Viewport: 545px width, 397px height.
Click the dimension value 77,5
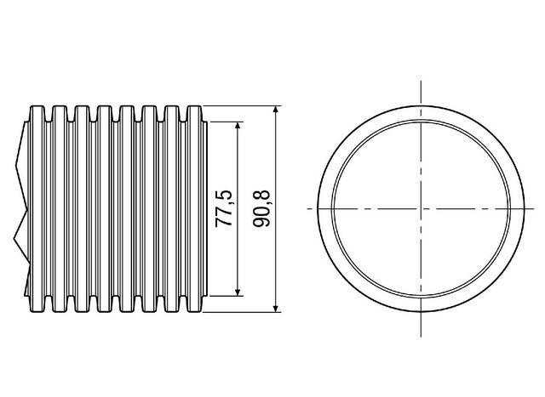pos(224,208)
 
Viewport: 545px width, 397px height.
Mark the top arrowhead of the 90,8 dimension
pos(275,110)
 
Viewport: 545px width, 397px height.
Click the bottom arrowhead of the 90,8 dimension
pos(275,307)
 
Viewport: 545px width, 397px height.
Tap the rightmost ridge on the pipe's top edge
pos(195,108)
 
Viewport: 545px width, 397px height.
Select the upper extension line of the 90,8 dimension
pos(243,106)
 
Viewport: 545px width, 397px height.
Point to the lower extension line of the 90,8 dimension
pos(243,311)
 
